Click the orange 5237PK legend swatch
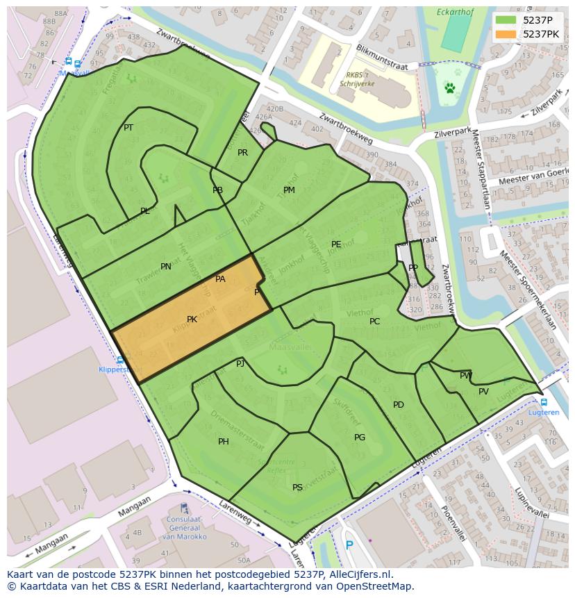point(506,34)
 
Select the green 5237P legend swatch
point(506,20)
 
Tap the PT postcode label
point(128,128)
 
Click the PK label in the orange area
point(192,319)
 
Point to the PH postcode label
point(224,442)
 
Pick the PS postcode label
point(297,488)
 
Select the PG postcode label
point(360,438)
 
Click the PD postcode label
point(399,405)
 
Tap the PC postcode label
point(375,322)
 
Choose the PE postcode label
point(336,244)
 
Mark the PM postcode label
point(289,190)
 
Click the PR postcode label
point(242,153)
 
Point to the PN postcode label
point(166,267)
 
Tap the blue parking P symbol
point(349,546)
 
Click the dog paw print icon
point(450,88)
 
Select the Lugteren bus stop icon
point(543,402)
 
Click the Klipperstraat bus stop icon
point(120,360)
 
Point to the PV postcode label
point(484,392)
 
